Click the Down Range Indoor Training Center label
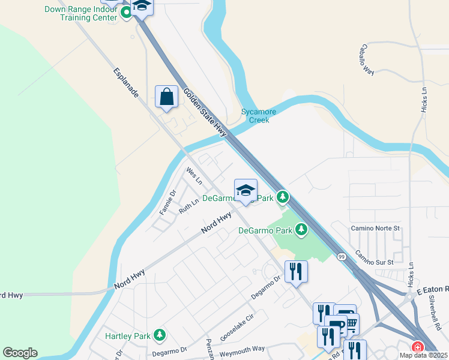pos(81,13)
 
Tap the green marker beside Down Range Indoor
pos(126,12)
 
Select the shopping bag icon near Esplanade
pos(166,97)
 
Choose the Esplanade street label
pos(126,83)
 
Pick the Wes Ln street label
pos(194,176)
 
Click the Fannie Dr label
pos(167,202)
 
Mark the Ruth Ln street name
pos(188,207)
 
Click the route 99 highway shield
pos(341,256)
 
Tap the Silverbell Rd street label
pos(435,315)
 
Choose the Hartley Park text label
pos(127,335)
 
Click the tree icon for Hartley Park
pos(159,334)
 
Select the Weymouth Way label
pos(243,350)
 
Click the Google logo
pos(20,353)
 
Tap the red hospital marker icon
pos(417,347)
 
